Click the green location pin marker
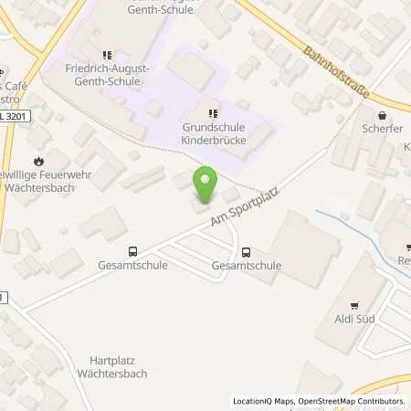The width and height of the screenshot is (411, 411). point(204,185)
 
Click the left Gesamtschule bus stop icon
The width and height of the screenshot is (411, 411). point(133,252)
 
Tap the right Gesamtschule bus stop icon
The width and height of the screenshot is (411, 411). point(246,252)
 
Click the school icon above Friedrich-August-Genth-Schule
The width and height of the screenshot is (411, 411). point(108,55)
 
